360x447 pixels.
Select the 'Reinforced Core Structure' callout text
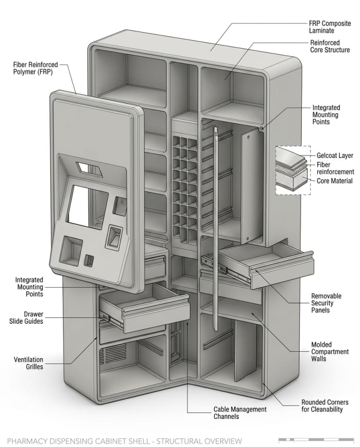pos(330,46)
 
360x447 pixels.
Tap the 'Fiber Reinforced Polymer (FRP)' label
pos(36,68)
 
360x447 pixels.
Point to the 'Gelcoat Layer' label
pos(335,156)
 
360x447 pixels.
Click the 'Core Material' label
pos(335,181)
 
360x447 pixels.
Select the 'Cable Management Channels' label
pos(240,413)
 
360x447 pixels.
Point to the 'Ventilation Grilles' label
pos(28,363)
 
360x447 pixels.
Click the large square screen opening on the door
pos(85,205)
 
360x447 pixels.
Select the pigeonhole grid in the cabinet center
pos(184,187)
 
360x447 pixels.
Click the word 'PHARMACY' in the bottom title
pos(27,441)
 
